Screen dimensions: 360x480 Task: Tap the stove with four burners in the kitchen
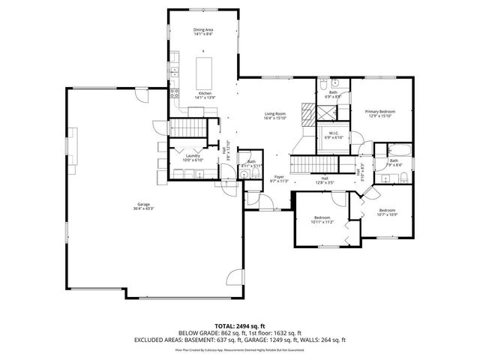[175, 94]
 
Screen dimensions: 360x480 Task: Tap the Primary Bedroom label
[379, 113]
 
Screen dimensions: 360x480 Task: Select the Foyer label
[278, 178]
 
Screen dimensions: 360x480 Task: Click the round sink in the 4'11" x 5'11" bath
[244, 175]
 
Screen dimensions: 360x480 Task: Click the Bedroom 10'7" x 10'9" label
[387, 212]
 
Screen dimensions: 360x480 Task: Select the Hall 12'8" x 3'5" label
[325, 180]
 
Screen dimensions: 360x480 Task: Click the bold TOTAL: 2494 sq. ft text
[239, 325]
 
